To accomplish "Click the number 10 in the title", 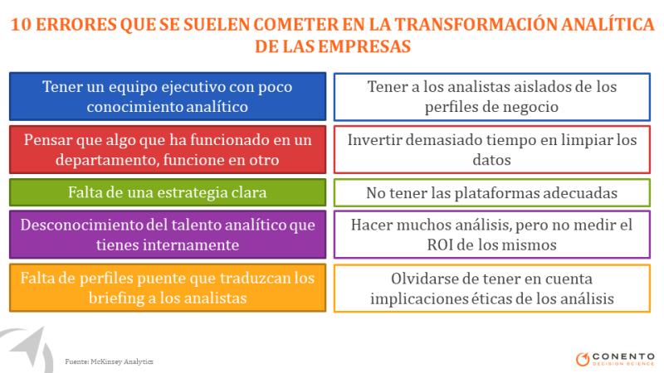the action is point(21,25).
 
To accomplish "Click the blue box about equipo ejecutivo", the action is point(168,96).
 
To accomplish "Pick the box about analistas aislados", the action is point(491,97).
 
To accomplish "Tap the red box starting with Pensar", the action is point(168,150).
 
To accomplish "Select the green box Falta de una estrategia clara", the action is point(168,192).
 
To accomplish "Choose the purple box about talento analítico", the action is point(168,235).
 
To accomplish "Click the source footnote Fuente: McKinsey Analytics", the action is point(109,361).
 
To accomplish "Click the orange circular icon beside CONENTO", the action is point(583,359).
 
